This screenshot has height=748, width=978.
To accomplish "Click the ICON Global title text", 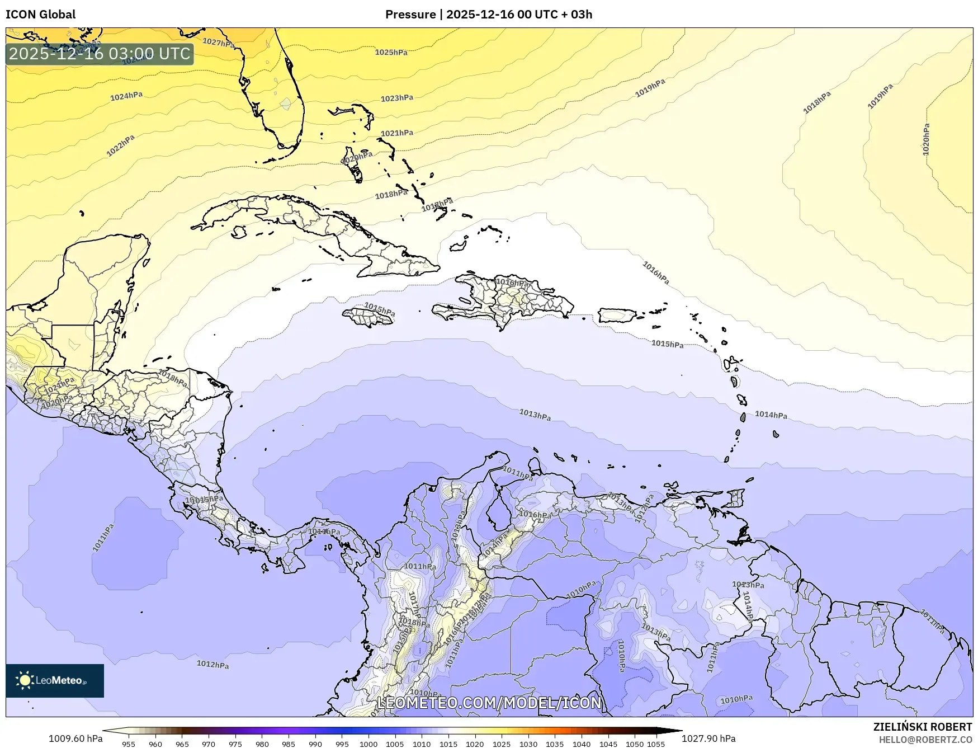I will coord(40,14).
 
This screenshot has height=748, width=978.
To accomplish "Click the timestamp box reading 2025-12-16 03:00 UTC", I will coord(100,54).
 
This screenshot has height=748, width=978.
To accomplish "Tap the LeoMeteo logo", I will coord(55,680).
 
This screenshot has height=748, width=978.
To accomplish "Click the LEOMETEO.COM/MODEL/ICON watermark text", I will coord(489,703).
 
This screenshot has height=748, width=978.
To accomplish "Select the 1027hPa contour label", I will coord(219,43).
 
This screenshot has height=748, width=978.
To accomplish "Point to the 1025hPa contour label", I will coord(391,53).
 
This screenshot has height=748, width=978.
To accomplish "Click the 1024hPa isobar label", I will coord(126,96).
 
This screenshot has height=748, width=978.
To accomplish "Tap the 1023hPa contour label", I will coord(397,98).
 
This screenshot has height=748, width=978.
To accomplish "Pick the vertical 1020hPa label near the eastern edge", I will coord(926,139).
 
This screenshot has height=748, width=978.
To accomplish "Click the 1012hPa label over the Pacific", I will coord(212,665).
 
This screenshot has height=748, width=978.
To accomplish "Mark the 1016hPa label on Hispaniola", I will coord(513,283).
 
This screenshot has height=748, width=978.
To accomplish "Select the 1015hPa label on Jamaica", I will coord(380,309).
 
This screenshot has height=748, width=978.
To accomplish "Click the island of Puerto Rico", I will coord(617,316).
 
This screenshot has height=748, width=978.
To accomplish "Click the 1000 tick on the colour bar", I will coord(368,744).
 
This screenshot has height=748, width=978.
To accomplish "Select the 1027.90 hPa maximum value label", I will coord(708,738).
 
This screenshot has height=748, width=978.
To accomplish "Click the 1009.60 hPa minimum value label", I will coord(75,738).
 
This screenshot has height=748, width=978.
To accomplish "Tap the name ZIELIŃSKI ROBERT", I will coord(923,727).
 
